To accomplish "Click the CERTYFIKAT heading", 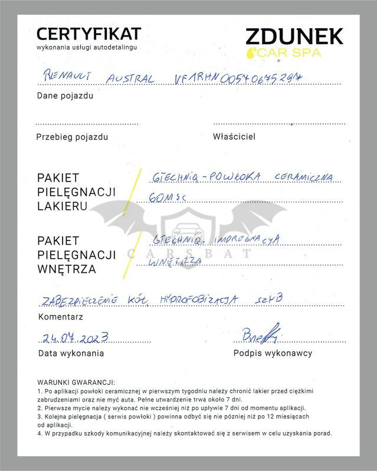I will point(88,33).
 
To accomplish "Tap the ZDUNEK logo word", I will point(294,36).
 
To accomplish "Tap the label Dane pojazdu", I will point(65,95).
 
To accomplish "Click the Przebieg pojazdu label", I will point(72,137).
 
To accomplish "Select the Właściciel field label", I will point(234,137).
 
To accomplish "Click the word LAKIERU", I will point(63,206).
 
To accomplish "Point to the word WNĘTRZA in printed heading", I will point(66,269).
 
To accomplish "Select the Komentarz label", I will point(60,317).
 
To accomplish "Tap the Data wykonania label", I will point(71,353).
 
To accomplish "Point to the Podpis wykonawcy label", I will point(273,353).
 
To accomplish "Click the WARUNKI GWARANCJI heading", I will point(76,382).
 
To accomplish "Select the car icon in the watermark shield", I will point(185,227).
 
